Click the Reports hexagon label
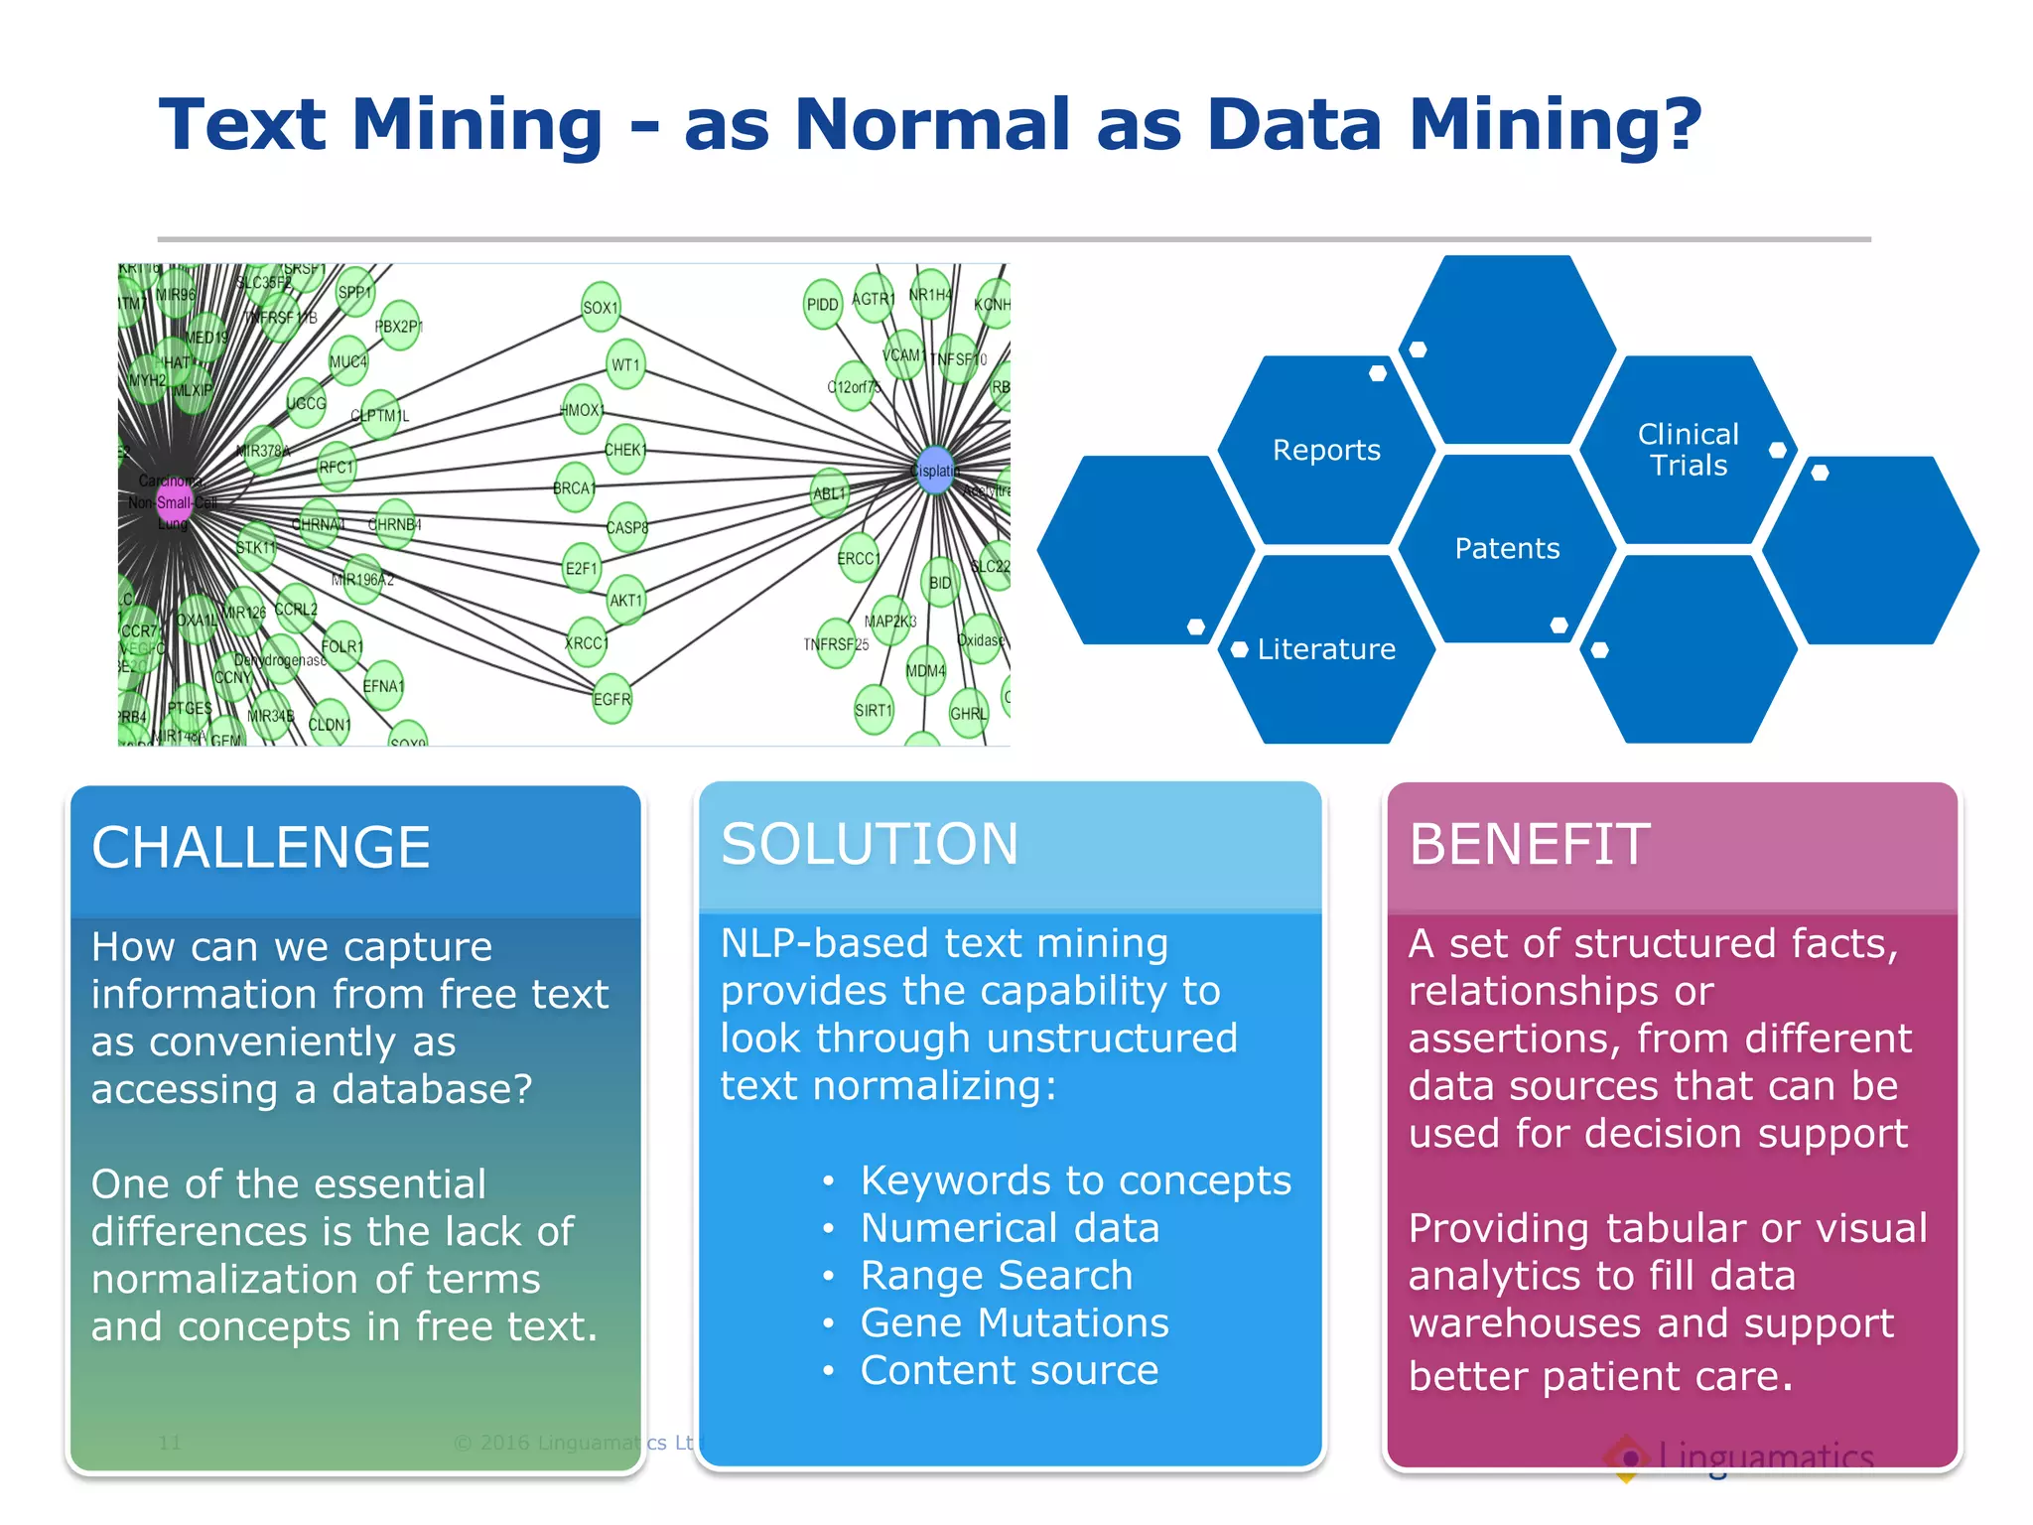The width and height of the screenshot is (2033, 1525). pyautogui.click(x=1326, y=450)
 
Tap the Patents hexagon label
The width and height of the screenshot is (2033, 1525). pyautogui.click(x=1507, y=548)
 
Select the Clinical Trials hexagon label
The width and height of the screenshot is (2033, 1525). pyautogui.click(x=1688, y=450)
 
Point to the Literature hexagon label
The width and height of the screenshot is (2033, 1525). pyautogui.click(x=1326, y=649)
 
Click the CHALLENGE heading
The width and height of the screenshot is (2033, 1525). pyautogui.click(x=261, y=848)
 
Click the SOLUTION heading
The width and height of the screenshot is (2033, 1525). pyautogui.click(x=870, y=844)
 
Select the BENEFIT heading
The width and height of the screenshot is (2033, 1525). pyautogui.click(x=1530, y=845)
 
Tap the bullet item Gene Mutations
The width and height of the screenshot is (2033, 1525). pyautogui.click(x=1015, y=1322)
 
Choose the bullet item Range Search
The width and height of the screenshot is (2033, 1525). pyautogui.click(x=997, y=1275)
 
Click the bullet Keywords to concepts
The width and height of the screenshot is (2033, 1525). pyautogui.click(x=1076, y=1180)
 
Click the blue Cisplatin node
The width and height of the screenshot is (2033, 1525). pyautogui.click(x=934, y=471)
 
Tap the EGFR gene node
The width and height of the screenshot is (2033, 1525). pyautogui.click(x=611, y=699)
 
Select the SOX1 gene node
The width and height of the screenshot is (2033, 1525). pyautogui.click(x=601, y=308)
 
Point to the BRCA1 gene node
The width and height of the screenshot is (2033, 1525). pyautogui.click(x=575, y=487)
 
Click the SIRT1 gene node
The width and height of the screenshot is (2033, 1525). pyautogui.click(x=874, y=710)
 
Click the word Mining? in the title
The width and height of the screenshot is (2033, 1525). pyautogui.click(x=1555, y=125)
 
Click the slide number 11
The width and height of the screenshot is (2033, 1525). pyautogui.click(x=170, y=1443)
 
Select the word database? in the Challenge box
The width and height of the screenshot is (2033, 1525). pyautogui.click(x=432, y=1089)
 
